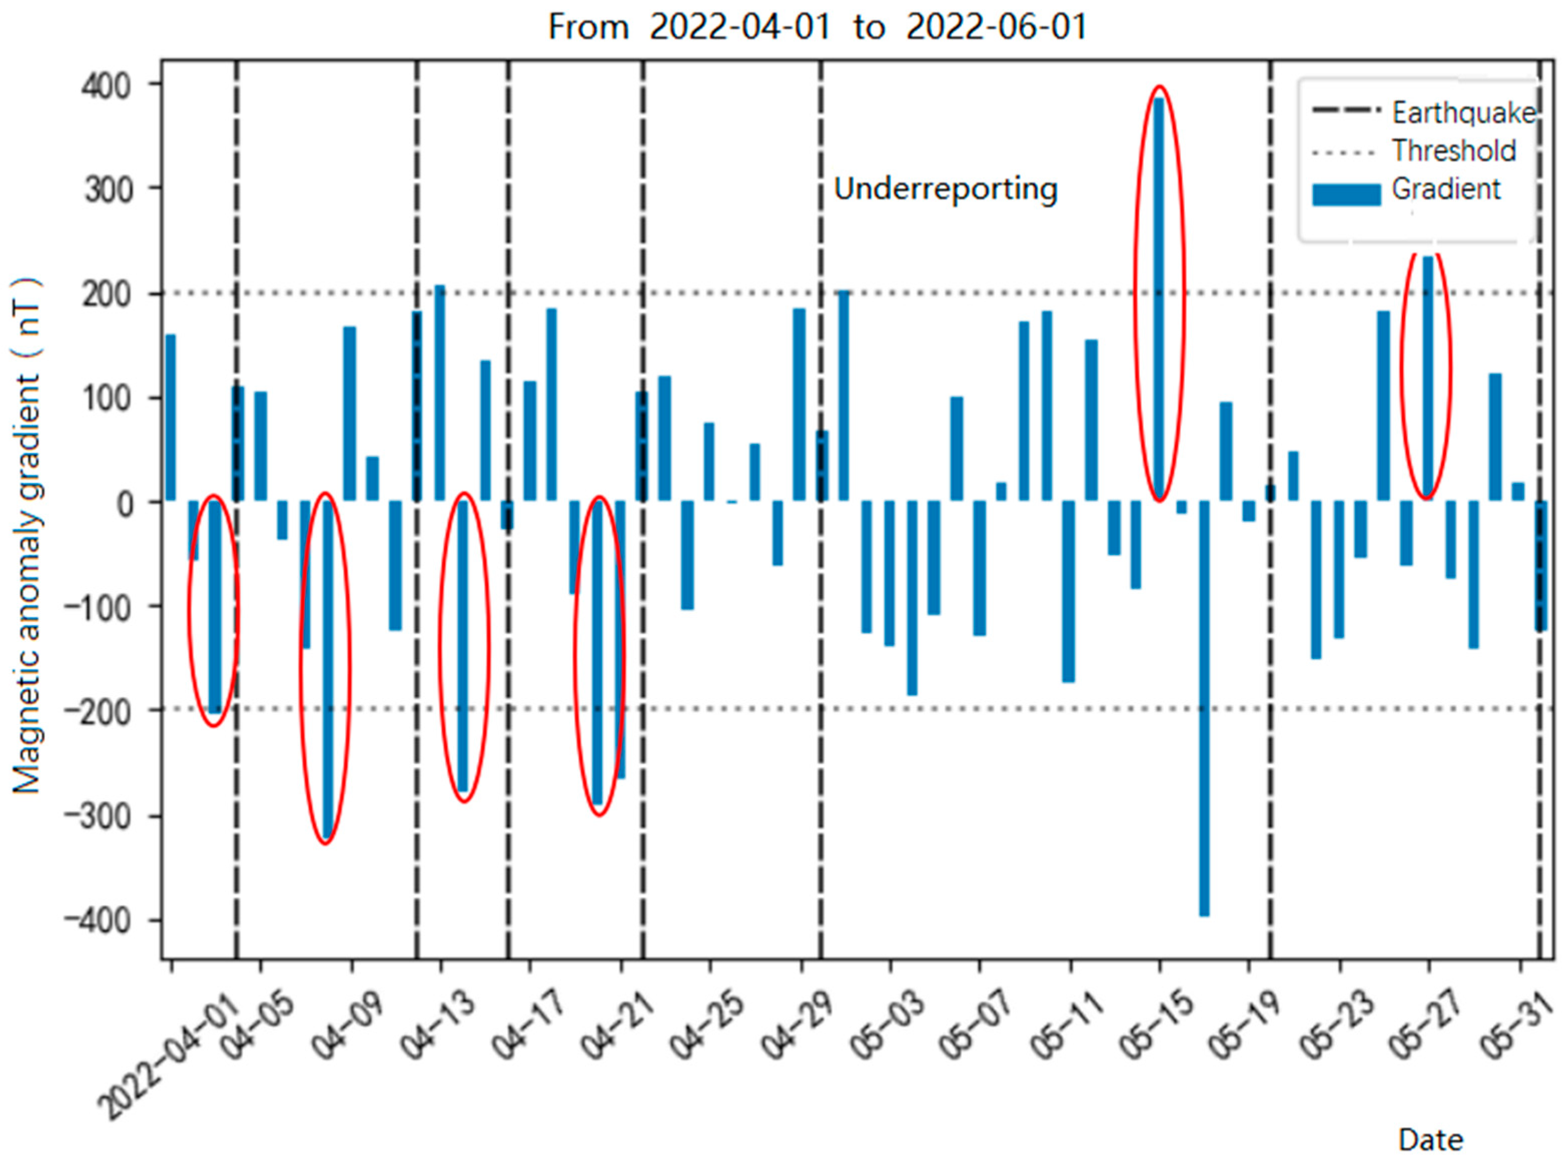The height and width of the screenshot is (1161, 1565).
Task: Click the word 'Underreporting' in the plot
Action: point(945,189)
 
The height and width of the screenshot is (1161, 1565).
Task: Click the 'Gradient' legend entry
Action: point(1445,189)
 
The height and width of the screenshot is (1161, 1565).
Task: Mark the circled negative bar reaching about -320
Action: point(327,667)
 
